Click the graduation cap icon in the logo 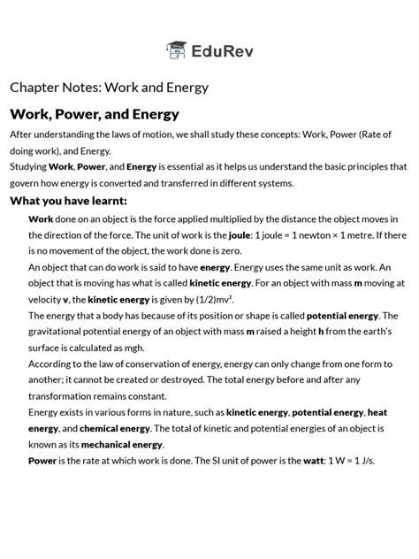coord(177,50)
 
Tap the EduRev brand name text coord(222,50)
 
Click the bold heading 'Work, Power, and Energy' coord(95,114)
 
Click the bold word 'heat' coord(378,412)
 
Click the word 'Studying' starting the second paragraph coord(28,166)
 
